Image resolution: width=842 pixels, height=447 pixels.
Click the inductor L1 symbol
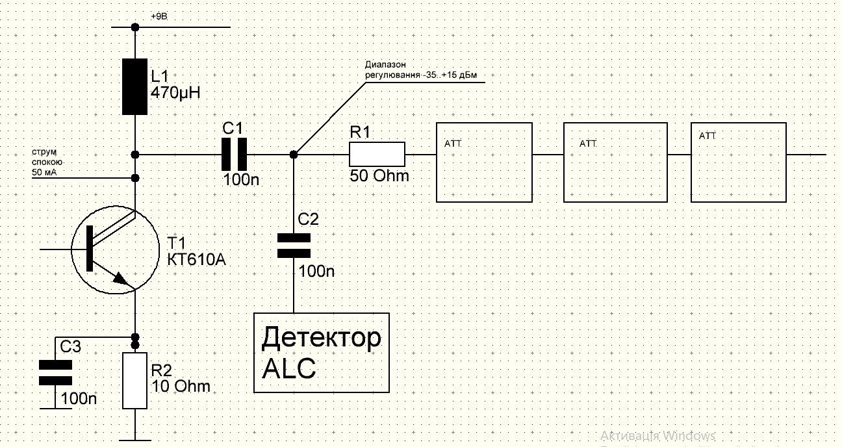(x=135, y=86)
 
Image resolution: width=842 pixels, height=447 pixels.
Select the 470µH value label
(x=175, y=92)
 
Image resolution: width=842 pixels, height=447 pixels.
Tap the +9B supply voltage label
(x=159, y=16)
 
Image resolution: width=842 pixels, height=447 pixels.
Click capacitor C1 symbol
(x=234, y=155)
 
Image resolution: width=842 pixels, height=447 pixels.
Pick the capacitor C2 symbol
(x=294, y=246)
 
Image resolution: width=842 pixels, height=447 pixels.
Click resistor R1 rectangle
(x=377, y=155)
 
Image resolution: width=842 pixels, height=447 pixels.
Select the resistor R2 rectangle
(x=135, y=381)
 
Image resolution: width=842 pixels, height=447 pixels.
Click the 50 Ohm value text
(x=379, y=175)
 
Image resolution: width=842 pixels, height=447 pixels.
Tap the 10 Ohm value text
(x=181, y=386)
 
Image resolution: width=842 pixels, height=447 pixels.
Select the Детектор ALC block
(x=321, y=353)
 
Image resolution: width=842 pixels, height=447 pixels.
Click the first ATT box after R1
(x=484, y=162)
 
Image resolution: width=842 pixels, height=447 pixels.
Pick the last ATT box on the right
(x=738, y=162)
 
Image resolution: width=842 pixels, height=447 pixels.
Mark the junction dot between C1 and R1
(x=294, y=155)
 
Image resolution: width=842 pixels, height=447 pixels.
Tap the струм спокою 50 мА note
(x=47, y=162)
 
